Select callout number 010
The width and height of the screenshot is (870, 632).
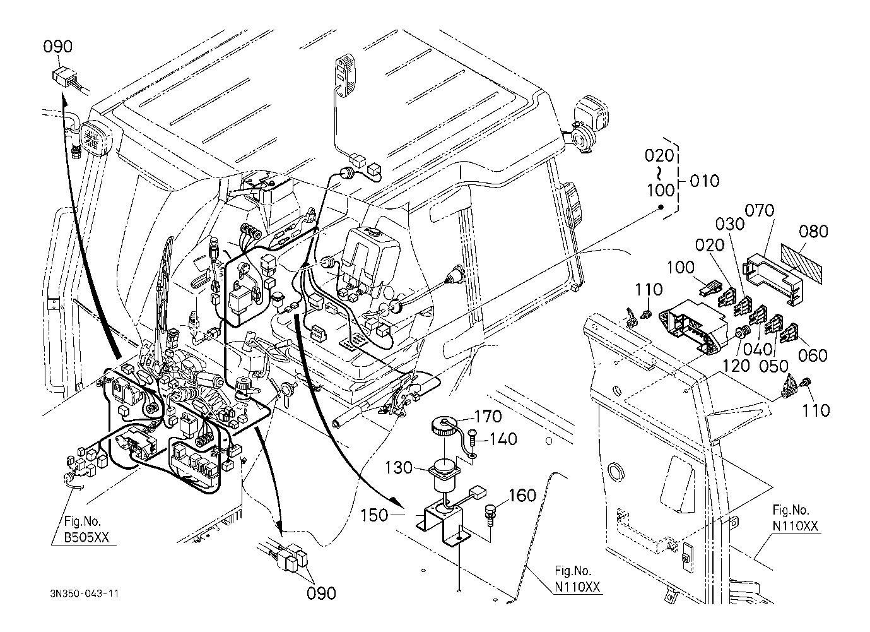click(x=704, y=181)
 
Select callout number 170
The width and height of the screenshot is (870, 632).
click(x=488, y=417)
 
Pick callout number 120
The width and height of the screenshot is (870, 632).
click(x=738, y=364)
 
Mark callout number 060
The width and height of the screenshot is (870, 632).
click(x=813, y=355)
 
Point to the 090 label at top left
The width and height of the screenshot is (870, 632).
click(x=58, y=47)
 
